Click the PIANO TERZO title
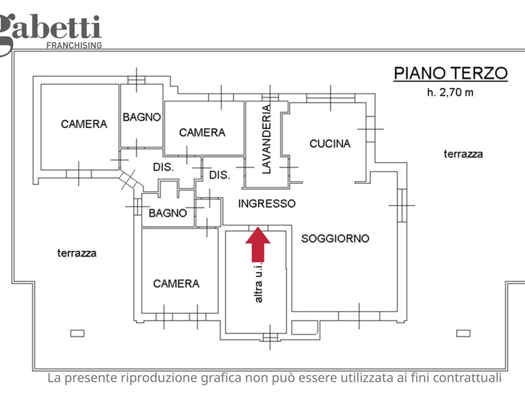pos(450,73)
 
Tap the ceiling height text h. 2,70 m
pos(450,92)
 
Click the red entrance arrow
pos(258,244)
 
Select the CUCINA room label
pos(330,143)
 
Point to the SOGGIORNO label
pos(335,238)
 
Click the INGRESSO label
pos(266,204)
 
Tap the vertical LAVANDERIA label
pos(266,139)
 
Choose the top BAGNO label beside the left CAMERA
pos(142,118)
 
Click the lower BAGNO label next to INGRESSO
pos(168,213)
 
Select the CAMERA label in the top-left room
pos(84,123)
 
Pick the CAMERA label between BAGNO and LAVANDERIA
pos(202,132)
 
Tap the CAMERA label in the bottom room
pos(176,284)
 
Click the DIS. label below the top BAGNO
pos(163,167)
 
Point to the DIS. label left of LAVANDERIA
pos(219,175)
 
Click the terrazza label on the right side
pos(463,154)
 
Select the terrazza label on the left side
pos(77,252)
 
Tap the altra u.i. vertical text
pos(259,282)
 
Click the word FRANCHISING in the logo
pos(73,45)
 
